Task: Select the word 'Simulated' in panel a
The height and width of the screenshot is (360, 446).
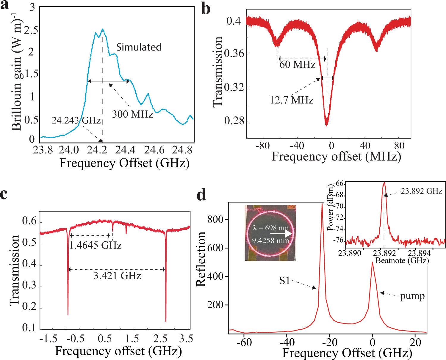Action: coord(139,47)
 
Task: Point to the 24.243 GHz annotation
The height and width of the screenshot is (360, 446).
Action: coord(76,120)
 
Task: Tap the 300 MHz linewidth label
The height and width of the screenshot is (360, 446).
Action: coord(132,114)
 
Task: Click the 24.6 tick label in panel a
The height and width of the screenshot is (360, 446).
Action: coord(154,150)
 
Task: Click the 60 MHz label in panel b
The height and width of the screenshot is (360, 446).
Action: coord(297,65)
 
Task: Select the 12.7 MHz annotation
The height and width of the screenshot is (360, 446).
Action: coord(292,100)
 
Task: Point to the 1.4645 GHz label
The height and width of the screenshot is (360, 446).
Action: coord(96,246)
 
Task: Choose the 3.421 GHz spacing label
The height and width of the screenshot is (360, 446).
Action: coord(117,276)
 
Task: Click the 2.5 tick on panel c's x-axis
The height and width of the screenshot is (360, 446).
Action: coord(160,339)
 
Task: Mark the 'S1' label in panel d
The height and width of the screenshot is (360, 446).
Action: coord(284,281)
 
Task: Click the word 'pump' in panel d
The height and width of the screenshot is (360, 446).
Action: coord(412,296)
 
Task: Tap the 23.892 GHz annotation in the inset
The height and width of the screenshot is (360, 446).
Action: coord(421,191)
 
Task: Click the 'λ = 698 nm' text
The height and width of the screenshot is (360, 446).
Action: coord(271,228)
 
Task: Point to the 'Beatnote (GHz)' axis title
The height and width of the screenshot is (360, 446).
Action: coord(402,261)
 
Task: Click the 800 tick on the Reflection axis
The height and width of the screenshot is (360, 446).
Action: coord(215,220)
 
